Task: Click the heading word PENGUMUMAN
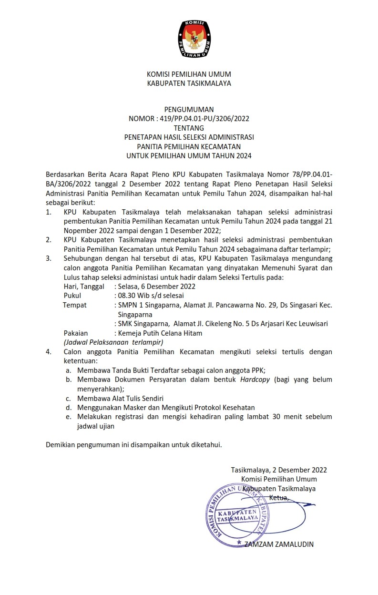(x=189, y=110)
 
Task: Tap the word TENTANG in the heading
(x=189, y=128)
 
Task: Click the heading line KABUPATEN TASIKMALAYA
(x=189, y=83)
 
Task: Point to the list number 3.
(x=48, y=258)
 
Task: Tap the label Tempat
(x=75, y=305)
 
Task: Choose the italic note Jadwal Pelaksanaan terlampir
(x=113, y=342)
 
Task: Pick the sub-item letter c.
(x=69, y=398)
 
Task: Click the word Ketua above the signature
(x=279, y=498)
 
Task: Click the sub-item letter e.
(x=69, y=417)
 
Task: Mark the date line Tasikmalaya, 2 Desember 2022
(x=279, y=470)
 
